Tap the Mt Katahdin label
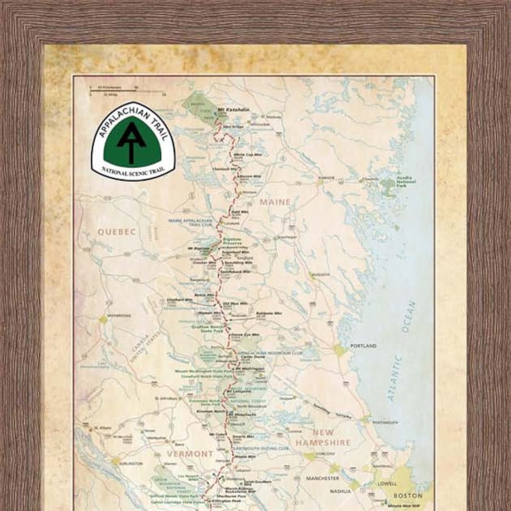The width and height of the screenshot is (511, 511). click(232, 109)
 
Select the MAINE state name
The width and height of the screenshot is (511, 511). click(275, 202)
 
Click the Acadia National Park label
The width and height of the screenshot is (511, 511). click(405, 182)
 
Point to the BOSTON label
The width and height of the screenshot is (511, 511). click(408, 495)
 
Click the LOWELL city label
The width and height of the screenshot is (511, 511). click(387, 484)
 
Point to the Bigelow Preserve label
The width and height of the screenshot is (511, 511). click(231, 240)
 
